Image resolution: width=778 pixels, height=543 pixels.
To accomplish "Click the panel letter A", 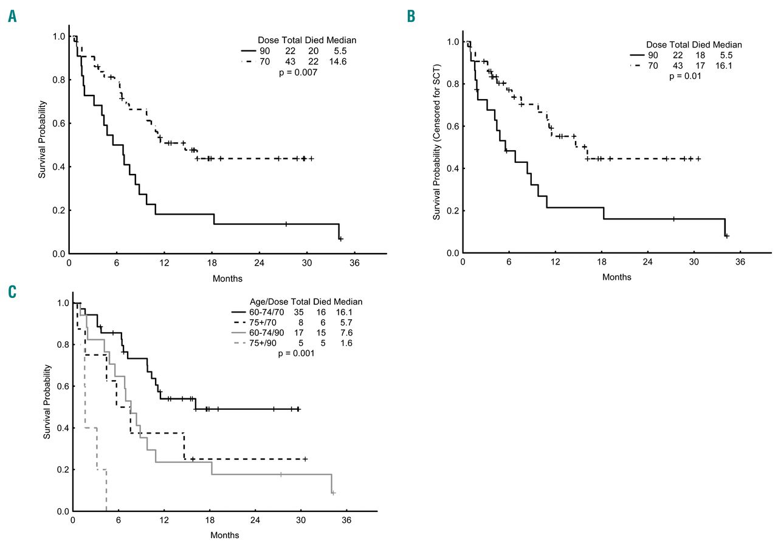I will (12, 17).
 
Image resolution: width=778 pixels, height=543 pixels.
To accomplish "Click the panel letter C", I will (12, 292).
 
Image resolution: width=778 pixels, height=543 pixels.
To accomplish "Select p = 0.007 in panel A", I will (298, 72).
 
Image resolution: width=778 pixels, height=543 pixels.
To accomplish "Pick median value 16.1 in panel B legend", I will (730, 66).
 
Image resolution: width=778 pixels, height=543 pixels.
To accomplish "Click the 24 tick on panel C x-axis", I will (255, 521).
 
